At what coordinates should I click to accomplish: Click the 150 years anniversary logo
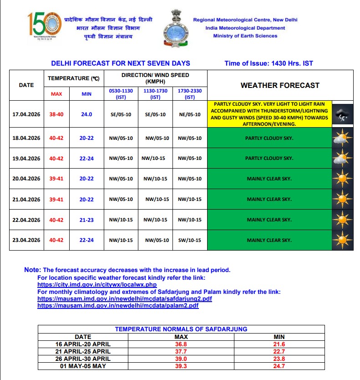(x=44, y=26)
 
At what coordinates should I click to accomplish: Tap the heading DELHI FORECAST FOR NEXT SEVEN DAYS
(x=121, y=63)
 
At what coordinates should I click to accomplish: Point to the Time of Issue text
(x=269, y=63)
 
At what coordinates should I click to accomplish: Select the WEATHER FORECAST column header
(x=280, y=85)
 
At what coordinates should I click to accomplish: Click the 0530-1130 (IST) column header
(x=121, y=94)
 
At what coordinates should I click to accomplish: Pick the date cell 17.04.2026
(x=26, y=114)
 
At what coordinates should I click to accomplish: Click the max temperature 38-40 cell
(x=56, y=114)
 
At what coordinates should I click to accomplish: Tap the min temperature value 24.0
(x=86, y=114)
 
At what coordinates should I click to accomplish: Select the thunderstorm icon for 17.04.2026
(x=342, y=114)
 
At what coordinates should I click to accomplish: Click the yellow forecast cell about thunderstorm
(x=269, y=114)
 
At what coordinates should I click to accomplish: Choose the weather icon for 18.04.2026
(x=342, y=138)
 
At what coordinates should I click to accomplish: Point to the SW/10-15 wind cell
(x=189, y=240)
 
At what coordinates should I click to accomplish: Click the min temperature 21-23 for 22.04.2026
(x=86, y=220)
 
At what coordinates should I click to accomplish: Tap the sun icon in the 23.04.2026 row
(x=342, y=240)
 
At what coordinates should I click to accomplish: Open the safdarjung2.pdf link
(x=125, y=298)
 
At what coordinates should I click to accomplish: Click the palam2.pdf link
(x=118, y=305)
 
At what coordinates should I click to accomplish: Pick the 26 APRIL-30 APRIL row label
(x=83, y=359)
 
